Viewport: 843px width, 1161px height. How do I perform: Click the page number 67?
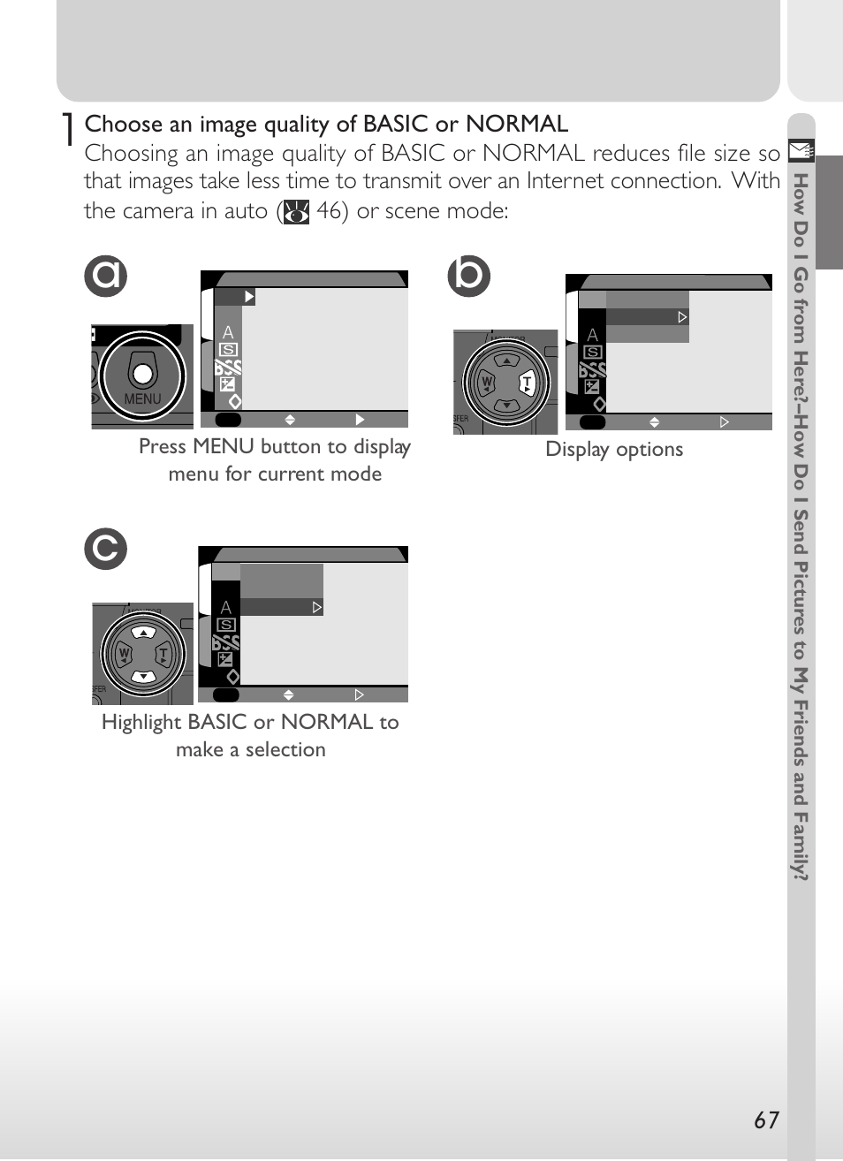pos(766,1120)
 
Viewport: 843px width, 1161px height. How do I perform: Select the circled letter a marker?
pos(106,276)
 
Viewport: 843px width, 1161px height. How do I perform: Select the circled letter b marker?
pos(468,276)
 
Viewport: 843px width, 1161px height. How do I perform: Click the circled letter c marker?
pos(106,549)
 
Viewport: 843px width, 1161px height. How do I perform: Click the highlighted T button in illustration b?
pos(528,383)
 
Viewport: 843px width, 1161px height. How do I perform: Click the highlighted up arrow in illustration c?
pos(144,633)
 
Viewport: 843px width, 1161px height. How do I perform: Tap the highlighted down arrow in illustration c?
pos(144,676)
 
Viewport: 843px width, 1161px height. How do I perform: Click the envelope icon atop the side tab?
pos(801,151)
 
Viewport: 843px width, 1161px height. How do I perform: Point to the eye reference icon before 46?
pos(296,212)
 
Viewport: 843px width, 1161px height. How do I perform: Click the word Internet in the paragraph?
pos(566,181)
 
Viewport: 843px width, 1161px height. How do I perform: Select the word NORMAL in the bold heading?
pos(516,124)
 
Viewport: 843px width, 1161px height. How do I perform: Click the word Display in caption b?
pos(577,450)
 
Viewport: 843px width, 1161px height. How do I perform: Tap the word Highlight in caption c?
pos(140,723)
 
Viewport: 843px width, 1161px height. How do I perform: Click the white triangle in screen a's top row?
pos(249,297)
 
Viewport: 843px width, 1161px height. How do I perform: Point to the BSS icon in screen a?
pos(228,368)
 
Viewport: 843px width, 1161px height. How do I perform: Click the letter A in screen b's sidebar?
pos(593,336)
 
